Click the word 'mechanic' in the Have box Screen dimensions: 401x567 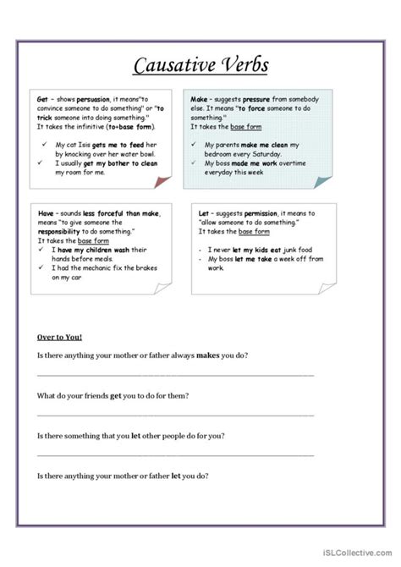[100, 267]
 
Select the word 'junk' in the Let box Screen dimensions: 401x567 [299, 250]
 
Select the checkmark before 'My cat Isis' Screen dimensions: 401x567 [43, 145]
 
